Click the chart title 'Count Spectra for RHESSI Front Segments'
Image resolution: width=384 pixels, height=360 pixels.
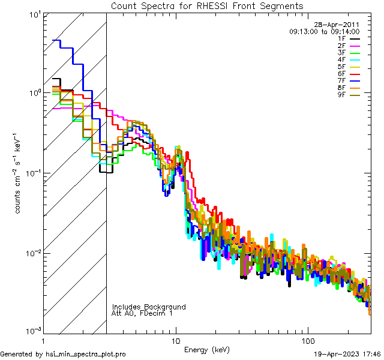207,6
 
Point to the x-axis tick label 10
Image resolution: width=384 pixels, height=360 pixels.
176,340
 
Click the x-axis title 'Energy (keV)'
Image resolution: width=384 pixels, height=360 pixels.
207,349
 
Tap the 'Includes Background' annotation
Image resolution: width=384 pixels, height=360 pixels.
149,307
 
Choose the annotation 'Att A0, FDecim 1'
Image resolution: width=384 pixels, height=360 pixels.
142,313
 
